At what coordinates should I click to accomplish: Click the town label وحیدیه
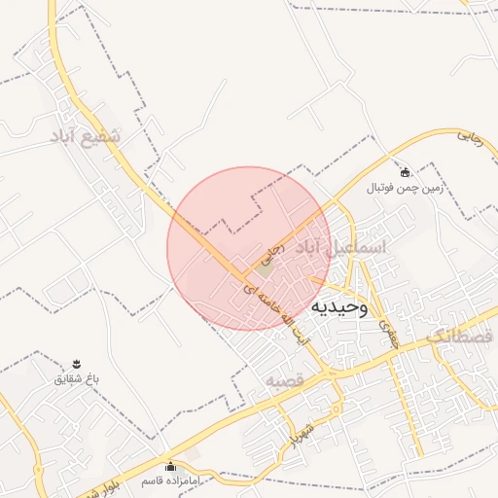click(x=339, y=308)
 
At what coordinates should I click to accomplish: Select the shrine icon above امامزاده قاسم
click(x=171, y=466)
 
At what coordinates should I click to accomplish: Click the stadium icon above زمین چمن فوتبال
click(x=405, y=172)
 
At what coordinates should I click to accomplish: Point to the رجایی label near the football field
click(x=471, y=137)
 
